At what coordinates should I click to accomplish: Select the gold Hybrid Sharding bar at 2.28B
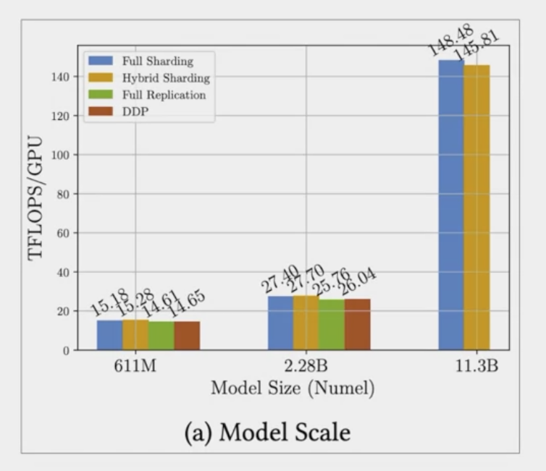point(306,323)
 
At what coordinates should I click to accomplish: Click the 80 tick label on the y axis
point(62,194)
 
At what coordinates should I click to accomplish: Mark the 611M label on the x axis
point(135,367)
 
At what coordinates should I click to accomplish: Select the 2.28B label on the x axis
point(306,367)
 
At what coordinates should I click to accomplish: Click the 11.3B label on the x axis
point(476,367)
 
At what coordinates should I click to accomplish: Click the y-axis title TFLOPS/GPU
point(36,198)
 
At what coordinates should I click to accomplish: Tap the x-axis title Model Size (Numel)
point(293,389)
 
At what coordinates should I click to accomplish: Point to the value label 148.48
point(450,41)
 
